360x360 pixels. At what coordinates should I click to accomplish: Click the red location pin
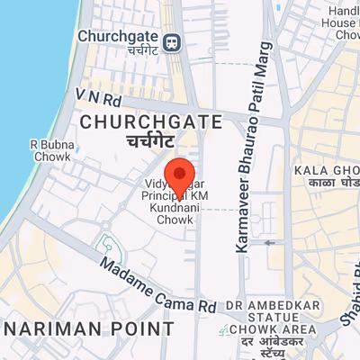click(x=180, y=175)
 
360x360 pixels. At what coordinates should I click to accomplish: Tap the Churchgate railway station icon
click(x=171, y=40)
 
